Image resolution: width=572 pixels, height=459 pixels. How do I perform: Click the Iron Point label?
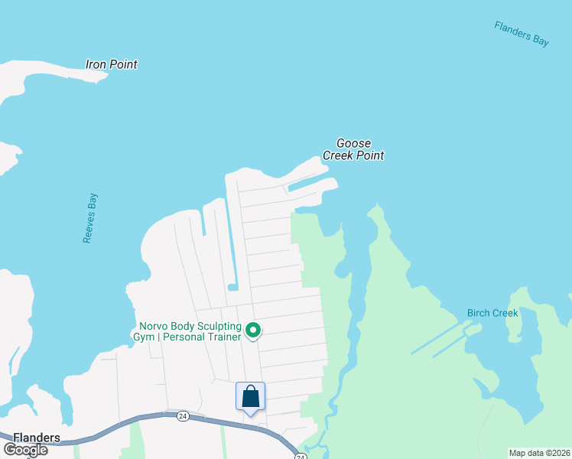point(112,64)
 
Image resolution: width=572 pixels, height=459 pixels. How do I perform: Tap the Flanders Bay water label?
point(522,34)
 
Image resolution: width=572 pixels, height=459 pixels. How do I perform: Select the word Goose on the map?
point(353,143)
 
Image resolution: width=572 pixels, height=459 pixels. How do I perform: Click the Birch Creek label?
point(492,313)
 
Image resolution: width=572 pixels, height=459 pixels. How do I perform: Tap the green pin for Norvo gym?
point(253,331)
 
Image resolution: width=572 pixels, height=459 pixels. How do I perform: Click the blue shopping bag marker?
point(250,397)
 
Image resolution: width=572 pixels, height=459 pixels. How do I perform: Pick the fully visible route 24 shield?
point(182,415)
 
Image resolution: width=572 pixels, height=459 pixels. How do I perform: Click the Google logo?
point(25,449)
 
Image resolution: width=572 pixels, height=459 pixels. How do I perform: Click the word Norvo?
point(153,326)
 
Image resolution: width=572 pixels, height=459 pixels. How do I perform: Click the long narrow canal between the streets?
point(230,245)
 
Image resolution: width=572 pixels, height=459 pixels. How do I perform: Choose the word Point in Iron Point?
point(122,64)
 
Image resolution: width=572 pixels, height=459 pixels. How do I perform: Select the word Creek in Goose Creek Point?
point(339,155)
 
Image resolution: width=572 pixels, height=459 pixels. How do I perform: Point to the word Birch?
point(479,313)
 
